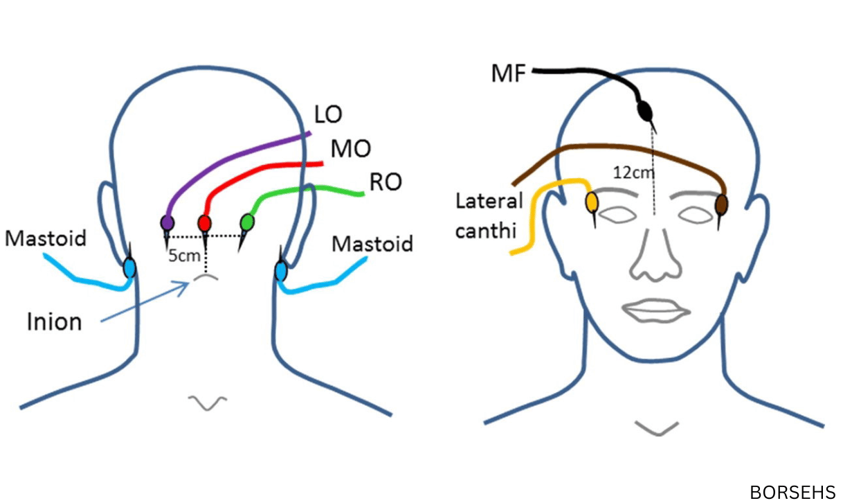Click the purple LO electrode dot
tap(167, 223)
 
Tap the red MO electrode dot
tap(204, 223)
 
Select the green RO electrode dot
tap(246, 222)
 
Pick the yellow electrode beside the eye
tap(592, 202)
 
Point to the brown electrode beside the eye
tap(721, 204)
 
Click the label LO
tap(327, 115)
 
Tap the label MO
tap(349, 148)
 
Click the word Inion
tap(54, 321)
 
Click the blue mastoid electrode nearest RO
tap(281, 270)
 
